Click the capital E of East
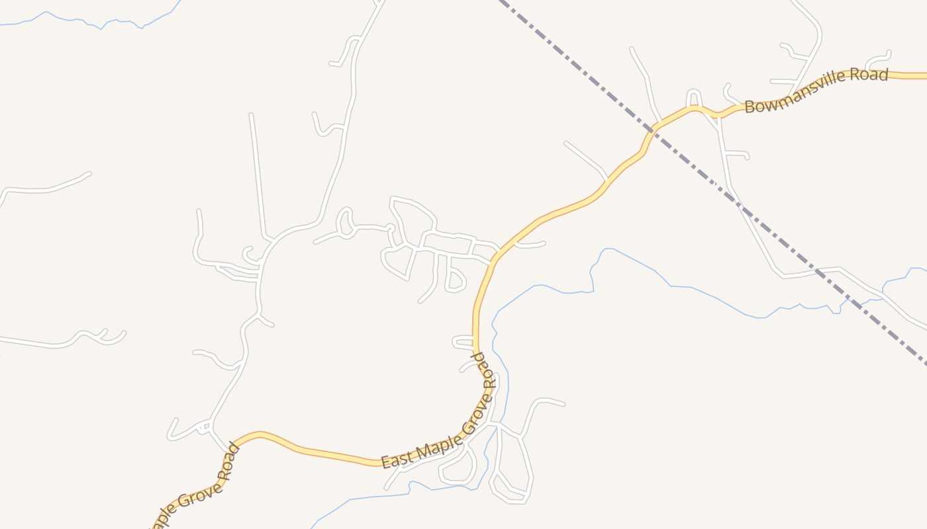(385, 462)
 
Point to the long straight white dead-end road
(258, 175)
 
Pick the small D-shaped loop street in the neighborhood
(456, 280)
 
